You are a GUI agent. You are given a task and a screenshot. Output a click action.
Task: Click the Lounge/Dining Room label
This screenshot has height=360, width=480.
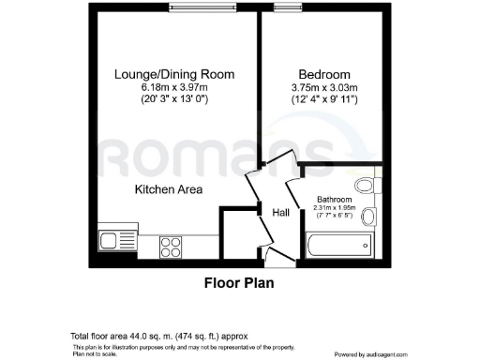pos(174,74)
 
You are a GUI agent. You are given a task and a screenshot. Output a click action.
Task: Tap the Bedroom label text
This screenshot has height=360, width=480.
pos(324,74)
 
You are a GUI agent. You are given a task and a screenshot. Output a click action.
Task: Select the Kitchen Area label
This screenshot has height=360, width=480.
pos(169,190)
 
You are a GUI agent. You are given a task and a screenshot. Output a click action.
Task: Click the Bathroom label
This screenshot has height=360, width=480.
pos(335,200)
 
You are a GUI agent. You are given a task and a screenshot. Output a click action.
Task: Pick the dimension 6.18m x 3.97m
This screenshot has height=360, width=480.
pos(174,87)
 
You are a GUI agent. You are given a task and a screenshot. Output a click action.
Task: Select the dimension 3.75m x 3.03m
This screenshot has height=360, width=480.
pos(324,87)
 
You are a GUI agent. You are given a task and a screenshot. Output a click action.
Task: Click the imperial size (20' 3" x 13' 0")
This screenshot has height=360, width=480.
pos(174,98)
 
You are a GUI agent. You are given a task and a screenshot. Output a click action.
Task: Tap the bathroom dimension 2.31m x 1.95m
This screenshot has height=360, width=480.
pos(335,208)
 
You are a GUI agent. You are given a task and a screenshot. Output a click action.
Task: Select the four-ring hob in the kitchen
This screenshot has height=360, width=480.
pos(172,247)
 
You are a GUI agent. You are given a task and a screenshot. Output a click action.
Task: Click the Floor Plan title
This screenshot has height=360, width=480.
pos(239,280)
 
